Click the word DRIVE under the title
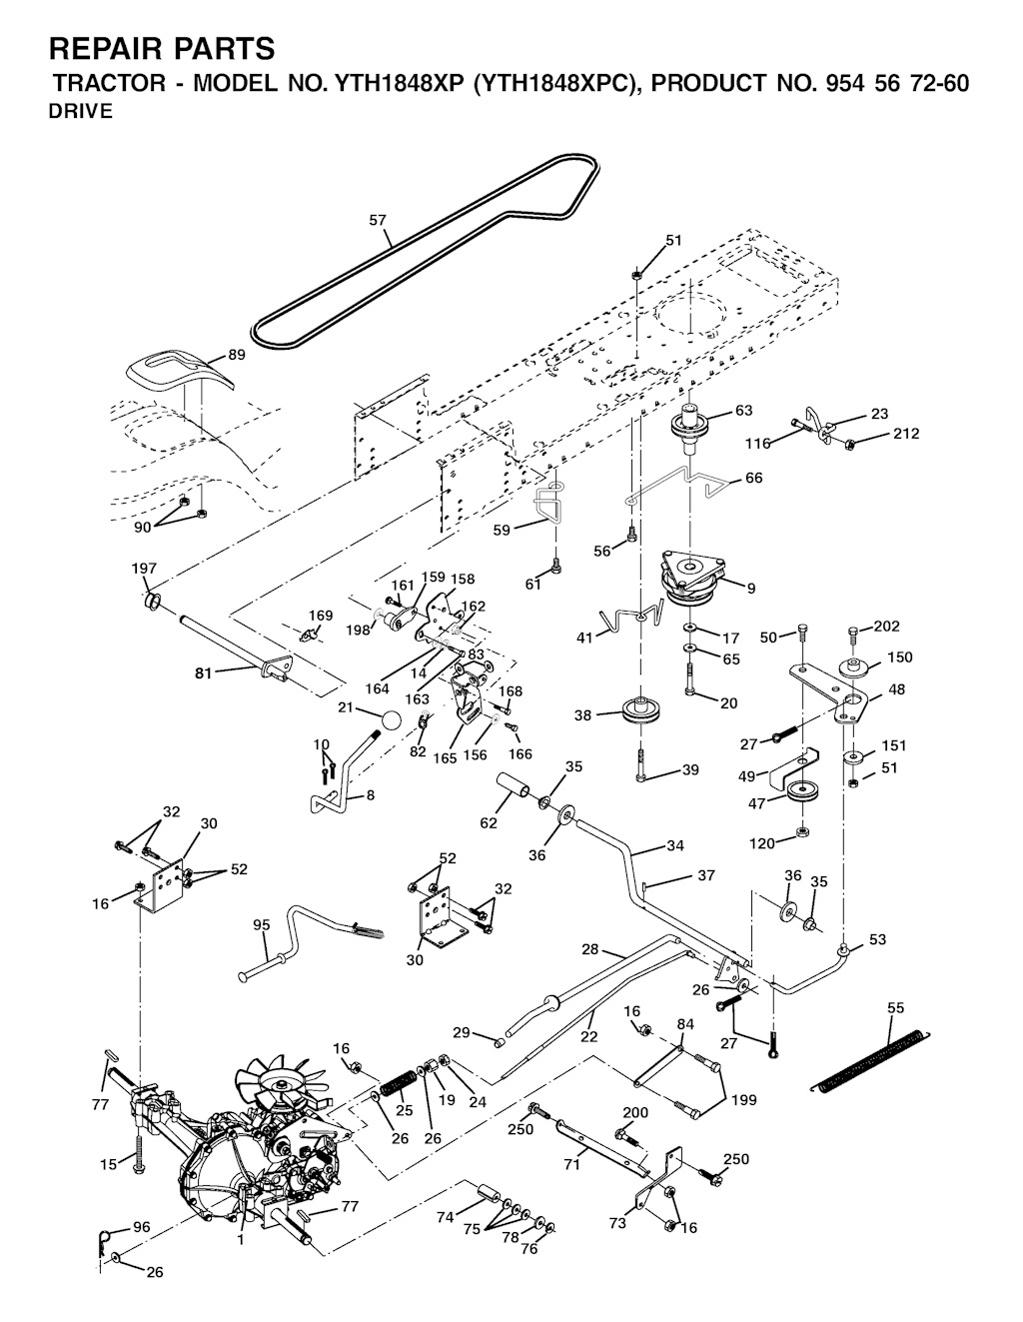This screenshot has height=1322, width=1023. click(x=81, y=112)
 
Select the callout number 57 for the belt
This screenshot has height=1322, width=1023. click(x=379, y=220)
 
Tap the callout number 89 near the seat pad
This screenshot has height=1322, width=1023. click(x=237, y=355)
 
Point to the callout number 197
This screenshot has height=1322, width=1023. click(x=144, y=569)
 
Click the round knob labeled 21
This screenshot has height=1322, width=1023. click(x=391, y=720)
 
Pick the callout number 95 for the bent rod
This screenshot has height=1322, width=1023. click(x=262, y=925)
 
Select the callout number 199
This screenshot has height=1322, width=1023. click(x=743, y=1100)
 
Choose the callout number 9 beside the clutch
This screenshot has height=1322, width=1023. click(x=751, y=589)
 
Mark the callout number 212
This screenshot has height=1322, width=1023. click(x=906, y=434)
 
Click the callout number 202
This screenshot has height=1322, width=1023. click(x=886, y=627)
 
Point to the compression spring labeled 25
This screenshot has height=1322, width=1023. click(x=399, y=1083)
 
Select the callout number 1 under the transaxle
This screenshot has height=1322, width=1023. click(x=240, y=1240)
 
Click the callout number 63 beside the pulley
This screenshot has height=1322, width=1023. click(x=743, y=411)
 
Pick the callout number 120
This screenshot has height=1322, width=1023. click(x=762, y=843)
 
